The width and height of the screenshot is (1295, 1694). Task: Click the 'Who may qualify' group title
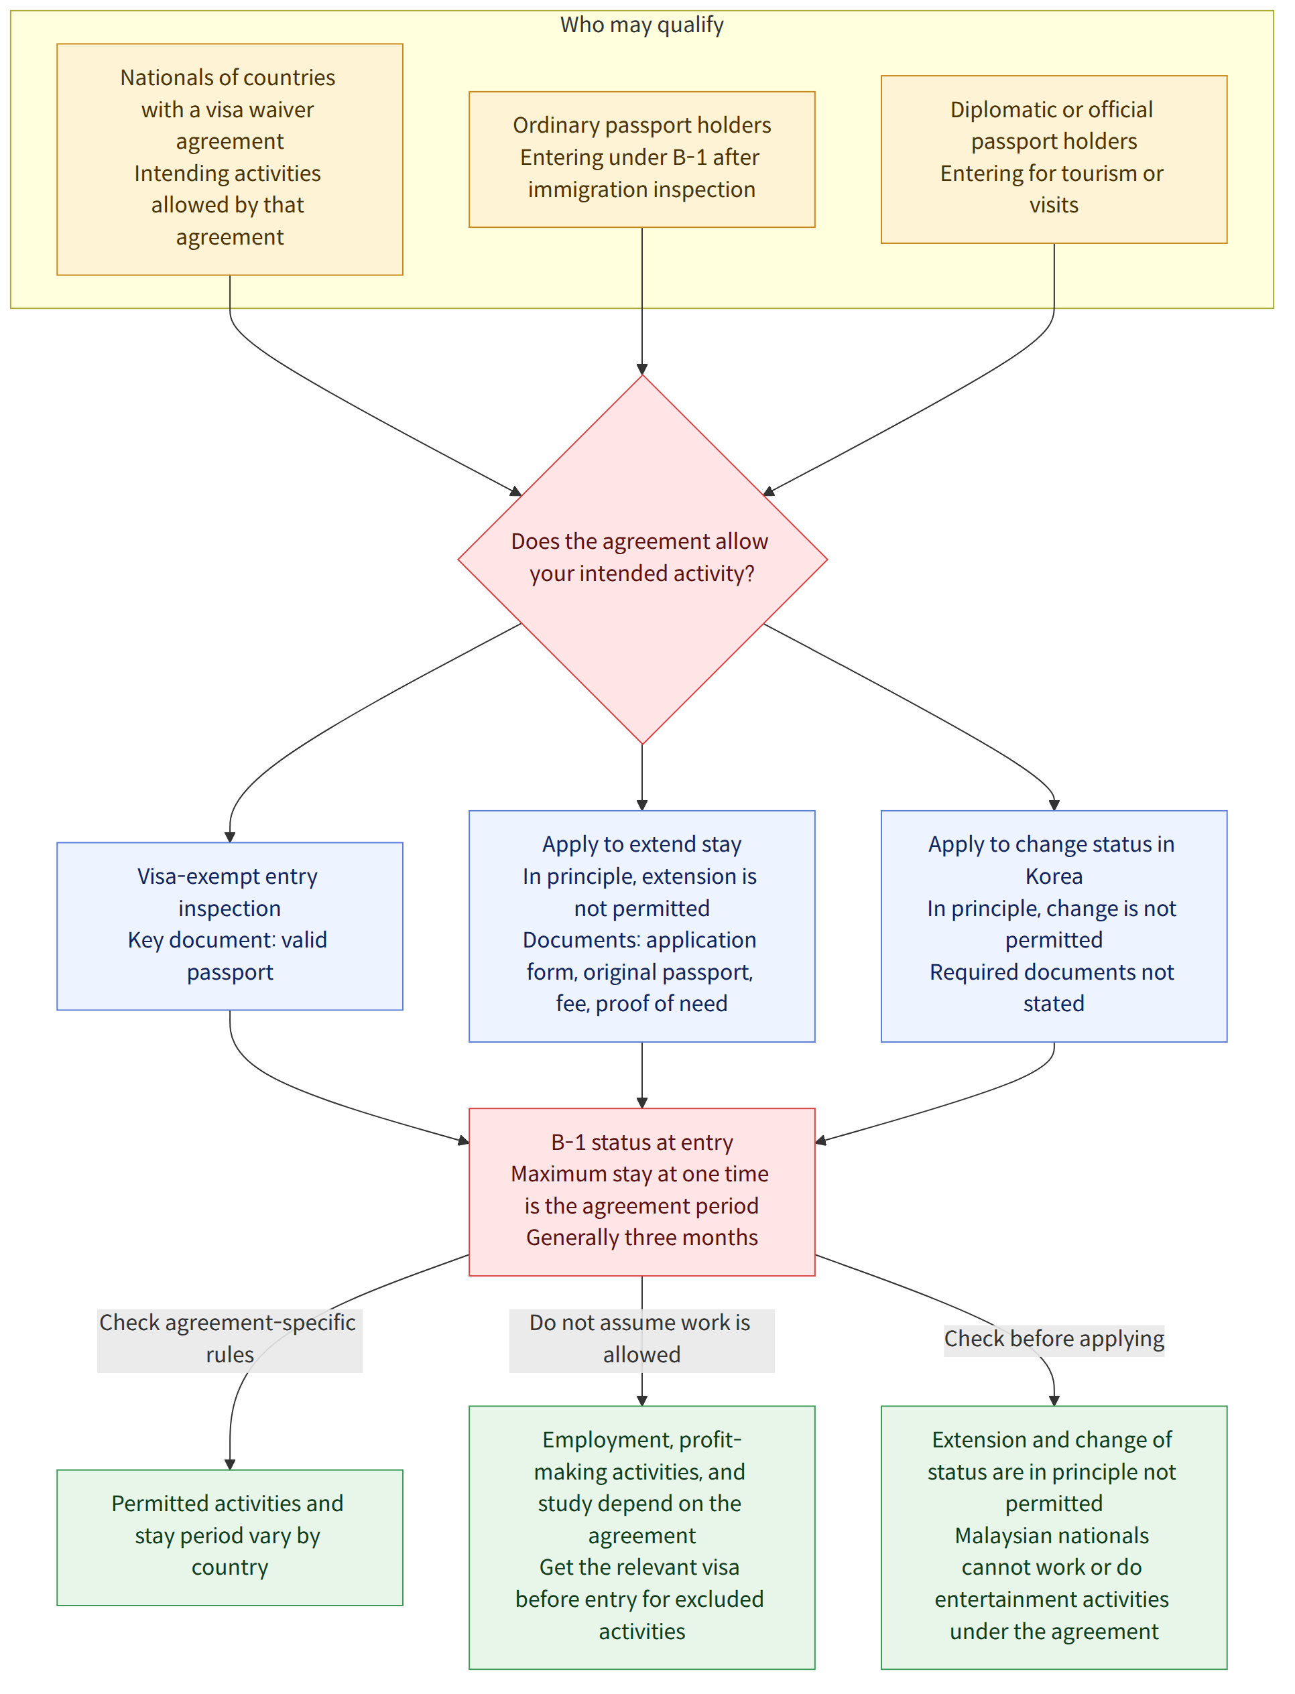click(641, 25)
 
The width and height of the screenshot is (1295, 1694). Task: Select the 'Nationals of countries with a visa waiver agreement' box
click(230, 159)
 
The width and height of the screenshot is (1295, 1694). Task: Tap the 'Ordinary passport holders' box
click(642, 159)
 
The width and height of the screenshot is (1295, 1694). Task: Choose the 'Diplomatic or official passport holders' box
click(1054, 159)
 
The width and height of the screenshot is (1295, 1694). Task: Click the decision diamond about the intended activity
click(642, 560)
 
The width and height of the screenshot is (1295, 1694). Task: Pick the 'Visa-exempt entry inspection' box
click(230, 925)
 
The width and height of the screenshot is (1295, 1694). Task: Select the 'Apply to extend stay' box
click(642, 925)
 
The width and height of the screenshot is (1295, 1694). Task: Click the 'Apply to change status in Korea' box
click(1054, 925)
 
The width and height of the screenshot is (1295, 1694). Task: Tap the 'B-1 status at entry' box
click(642, 1191)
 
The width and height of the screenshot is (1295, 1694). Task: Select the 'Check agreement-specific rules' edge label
click(229, 1340)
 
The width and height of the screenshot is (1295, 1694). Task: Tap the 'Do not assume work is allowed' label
click(641, 1340)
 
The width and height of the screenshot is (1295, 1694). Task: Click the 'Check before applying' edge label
click(1054, 1340)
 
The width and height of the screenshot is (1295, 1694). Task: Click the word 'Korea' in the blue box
click(1054, 876)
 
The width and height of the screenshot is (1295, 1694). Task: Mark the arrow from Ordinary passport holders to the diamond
click(642, 301)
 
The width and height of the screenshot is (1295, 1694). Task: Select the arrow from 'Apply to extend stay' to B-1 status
click(642, 1075)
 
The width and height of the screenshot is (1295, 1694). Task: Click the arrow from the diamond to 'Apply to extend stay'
click(642, 777)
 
